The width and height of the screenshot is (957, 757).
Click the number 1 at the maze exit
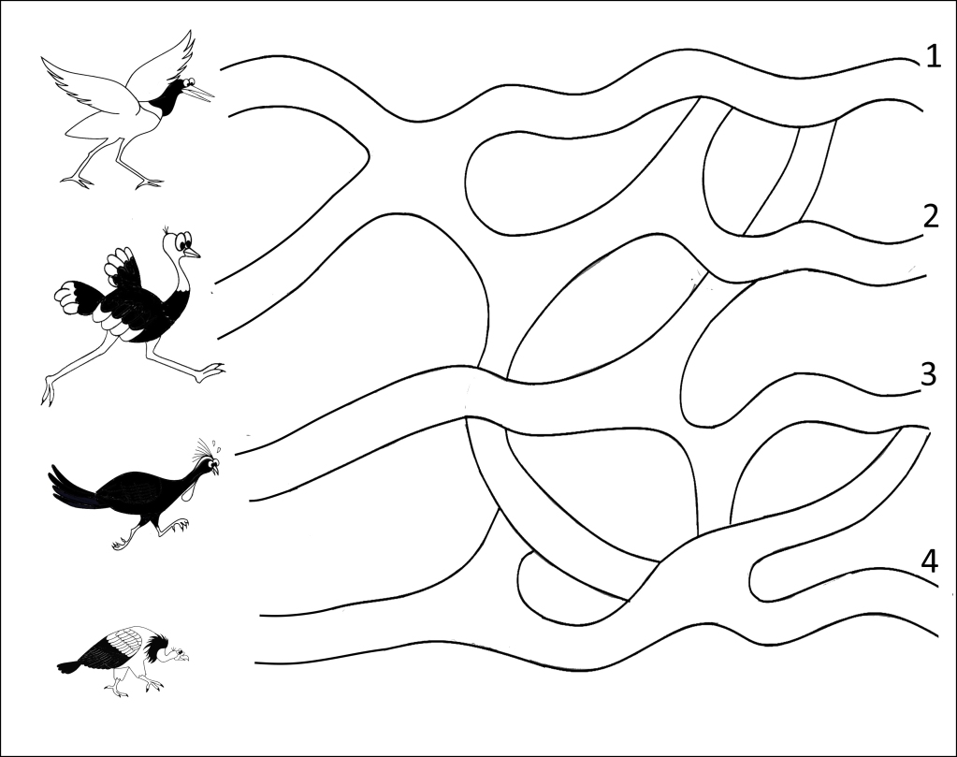pyautogui.click(x=934, y=56)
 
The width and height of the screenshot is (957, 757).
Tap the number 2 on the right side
pyautogui.click(x=930, y=216)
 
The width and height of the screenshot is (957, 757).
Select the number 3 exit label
pyautogui.click(x=928, y=374)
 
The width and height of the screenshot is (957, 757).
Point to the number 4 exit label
pyautogui.click(x=929, y=561)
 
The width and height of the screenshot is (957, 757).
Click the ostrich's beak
pyautogui.click(x=192, y=252)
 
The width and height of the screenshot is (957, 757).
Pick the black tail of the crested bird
pyautogui.click(x=72, y=488)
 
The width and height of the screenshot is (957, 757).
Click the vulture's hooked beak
pyautogui.click(x=183, y=656)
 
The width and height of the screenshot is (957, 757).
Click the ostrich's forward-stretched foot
pyautogui.click(x=210, y=371)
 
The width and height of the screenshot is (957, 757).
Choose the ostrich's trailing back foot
pyautogui.click(x=48, y=391)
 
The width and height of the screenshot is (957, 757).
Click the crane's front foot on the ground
pyautogui.click(x=149, y=182)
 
